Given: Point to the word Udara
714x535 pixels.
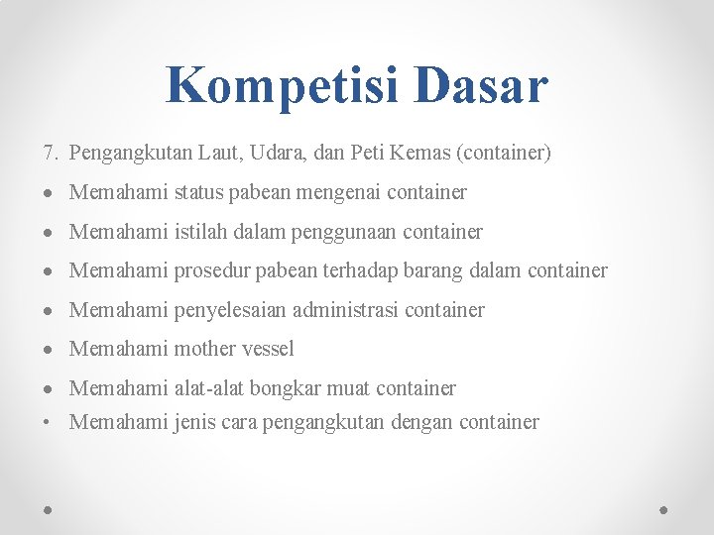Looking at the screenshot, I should tap(281, 154).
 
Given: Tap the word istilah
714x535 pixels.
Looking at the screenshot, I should tap(202, 232).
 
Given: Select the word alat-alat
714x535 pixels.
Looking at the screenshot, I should tap(208, 388).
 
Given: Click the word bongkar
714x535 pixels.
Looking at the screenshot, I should tap(282, 388).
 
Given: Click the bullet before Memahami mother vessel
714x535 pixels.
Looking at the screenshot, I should tap(49, 349).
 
